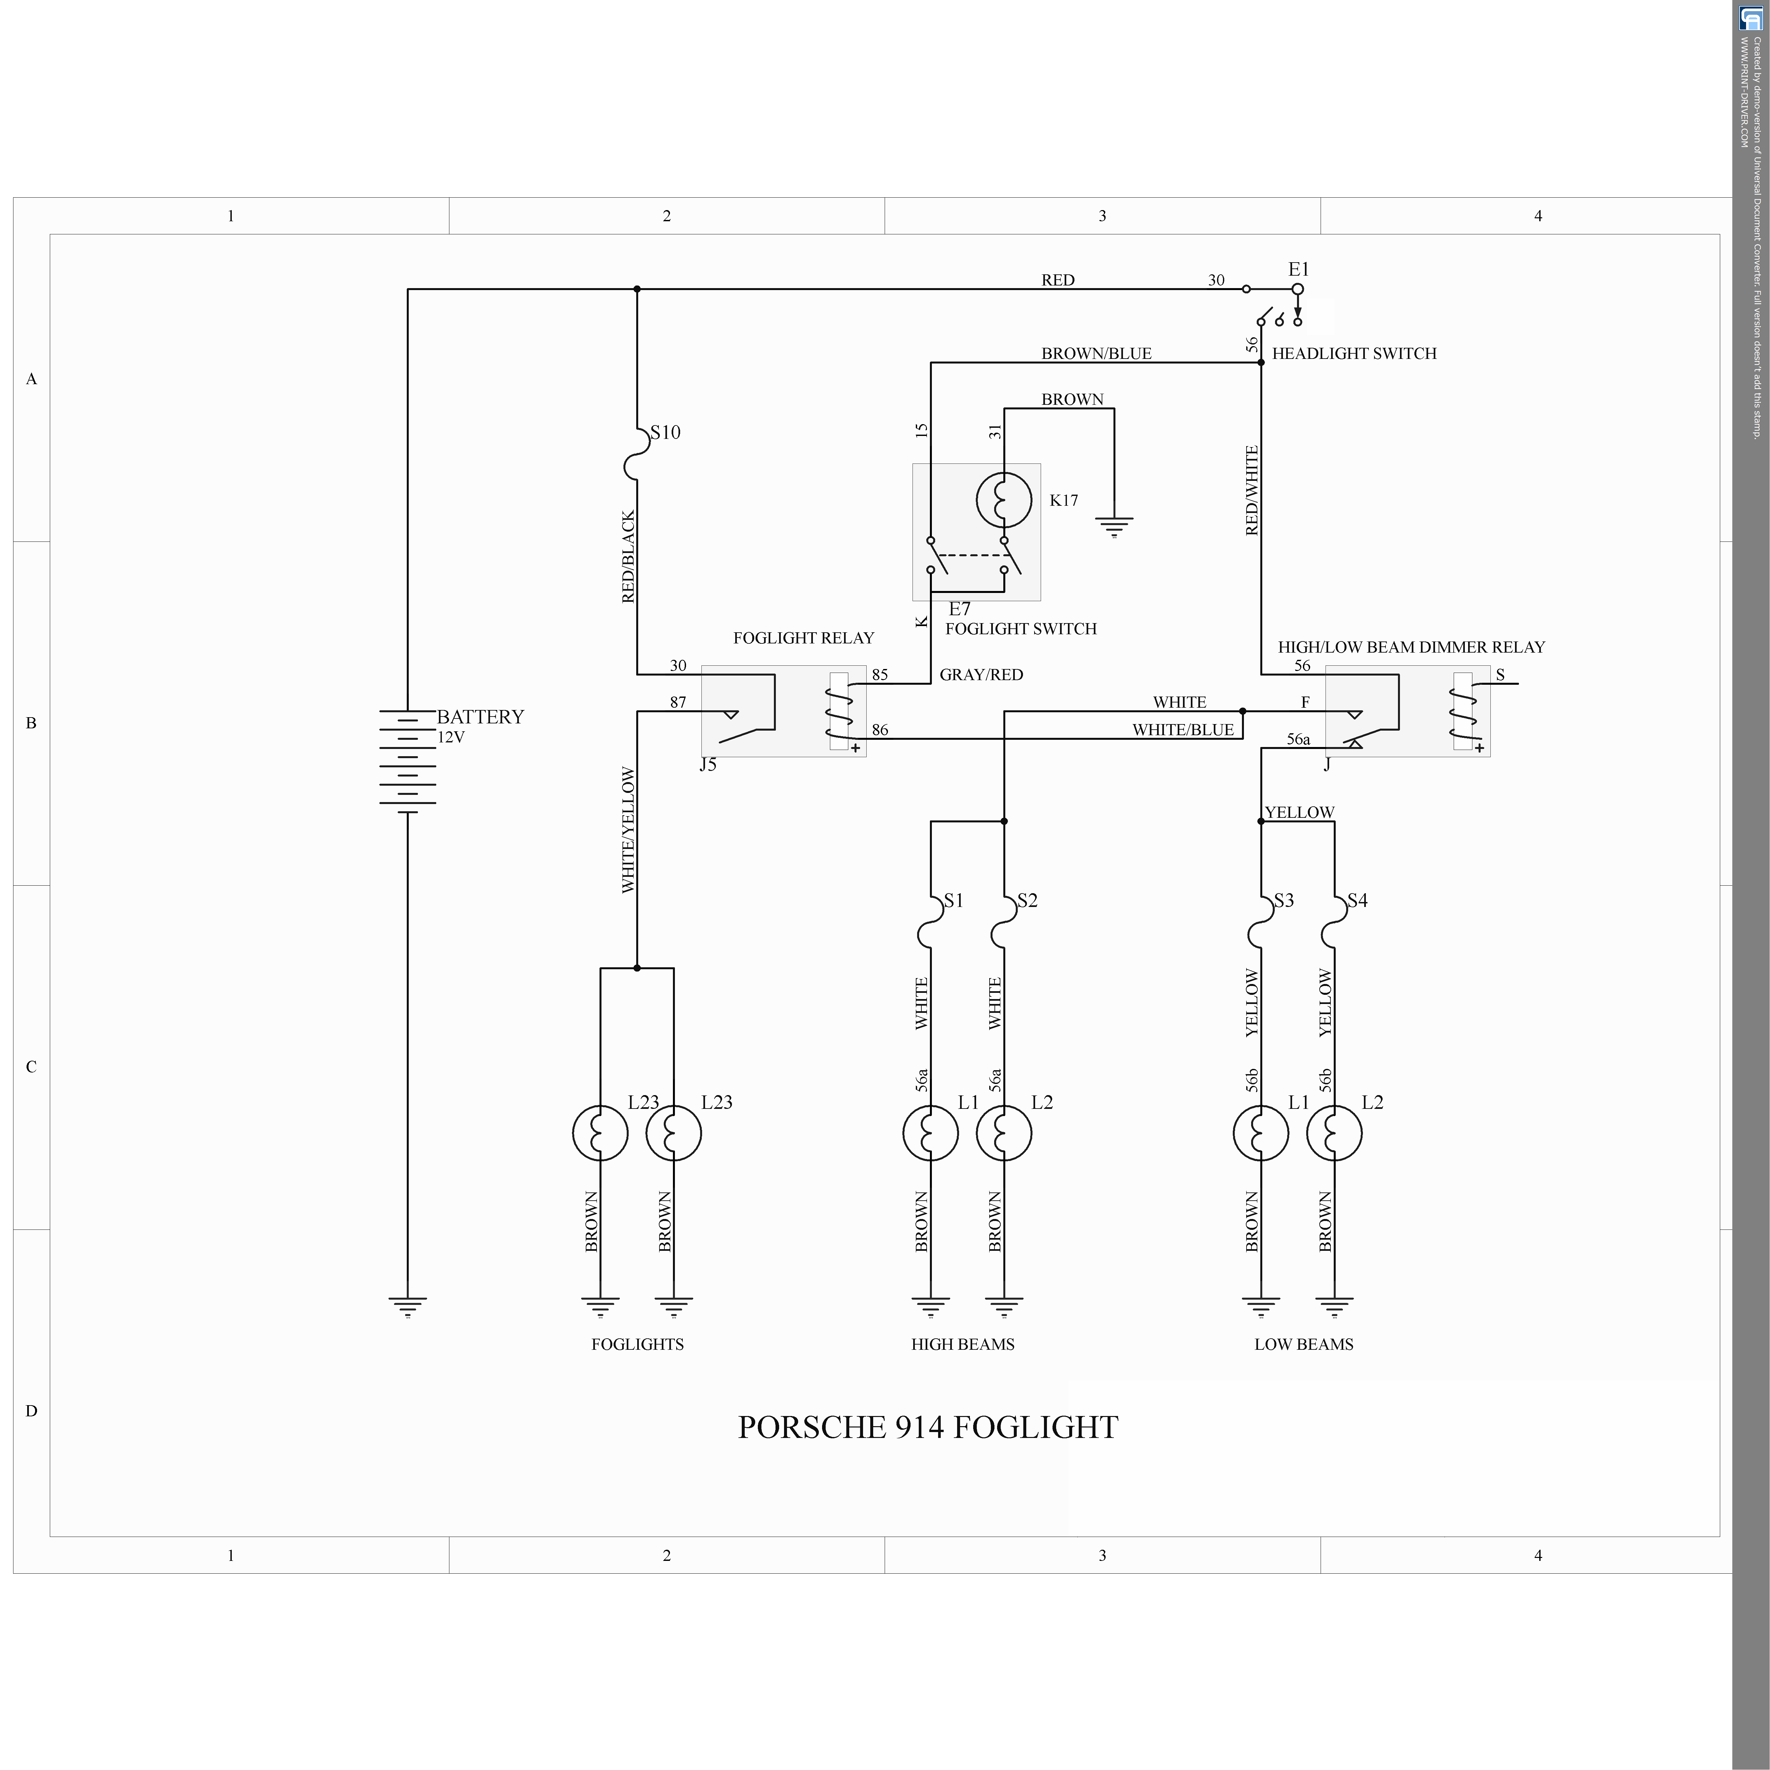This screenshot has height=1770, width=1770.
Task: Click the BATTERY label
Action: [x=480, y=717]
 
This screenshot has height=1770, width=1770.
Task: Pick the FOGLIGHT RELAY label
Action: [x=803, y=638]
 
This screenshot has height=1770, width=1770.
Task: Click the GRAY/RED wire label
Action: [x=981, y=674]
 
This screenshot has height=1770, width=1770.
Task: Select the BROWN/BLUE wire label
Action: [x=1096, y=354]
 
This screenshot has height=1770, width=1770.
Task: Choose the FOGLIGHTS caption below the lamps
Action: [x=638, y=1344]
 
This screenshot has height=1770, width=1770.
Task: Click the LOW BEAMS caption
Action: [x=1304, y=1344]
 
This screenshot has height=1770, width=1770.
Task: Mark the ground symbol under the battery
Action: [x=408, y=1306]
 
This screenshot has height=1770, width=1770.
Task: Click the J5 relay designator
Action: [x=708, y=764]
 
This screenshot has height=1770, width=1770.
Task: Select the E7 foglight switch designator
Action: [x=959, y=608]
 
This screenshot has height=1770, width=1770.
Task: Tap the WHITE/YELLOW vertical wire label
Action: [x=628, y=830]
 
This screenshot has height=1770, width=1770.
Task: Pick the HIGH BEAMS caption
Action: [x=963, y=1344]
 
